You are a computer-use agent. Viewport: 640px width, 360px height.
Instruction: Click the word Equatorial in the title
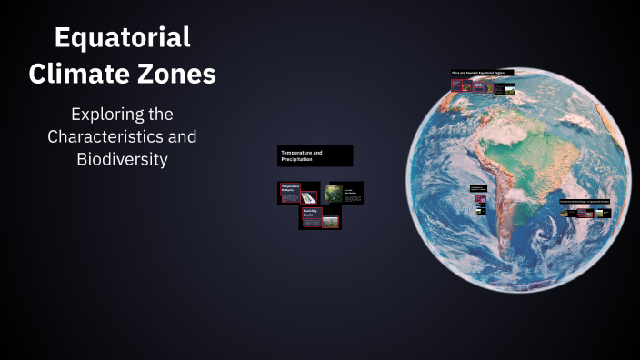pyautogui.click(x=122, y=38)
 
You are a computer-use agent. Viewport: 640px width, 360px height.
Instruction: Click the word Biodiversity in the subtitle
pyautogui.click(x=122, y=158)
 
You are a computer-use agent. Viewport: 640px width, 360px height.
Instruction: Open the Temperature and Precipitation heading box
pyautogui.click(x=315, y=155)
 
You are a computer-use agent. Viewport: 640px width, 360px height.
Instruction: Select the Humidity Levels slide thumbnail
pyautogui.click(x=320, y=218)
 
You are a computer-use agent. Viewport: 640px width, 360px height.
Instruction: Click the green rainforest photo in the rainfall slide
pyautogui.click(x=333, y=192)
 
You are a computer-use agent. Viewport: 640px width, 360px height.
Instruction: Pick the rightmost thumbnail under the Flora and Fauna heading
pyautogui.click(x=505, y=89)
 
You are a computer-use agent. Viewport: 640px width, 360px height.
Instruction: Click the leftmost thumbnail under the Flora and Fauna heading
pyautogui.click(x=456, y=86)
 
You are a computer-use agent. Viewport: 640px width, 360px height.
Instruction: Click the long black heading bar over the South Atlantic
pyautogui.click(x=585, y=199)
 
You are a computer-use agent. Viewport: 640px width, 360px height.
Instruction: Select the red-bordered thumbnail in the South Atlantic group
pyautogui.click(x=583, y=214)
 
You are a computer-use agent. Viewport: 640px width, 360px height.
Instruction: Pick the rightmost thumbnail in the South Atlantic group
pyautogui.click(x=604, y=214)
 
